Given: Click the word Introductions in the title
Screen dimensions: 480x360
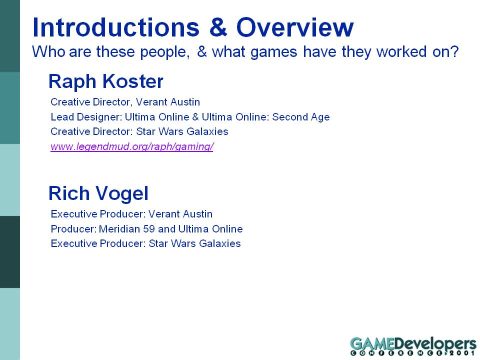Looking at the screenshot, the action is coord(116,27).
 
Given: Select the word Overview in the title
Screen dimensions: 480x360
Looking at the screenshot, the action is coord(295,27).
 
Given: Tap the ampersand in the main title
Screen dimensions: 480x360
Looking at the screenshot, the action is coord(218,27).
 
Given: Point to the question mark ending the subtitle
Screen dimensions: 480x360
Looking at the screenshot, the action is coord(454,51).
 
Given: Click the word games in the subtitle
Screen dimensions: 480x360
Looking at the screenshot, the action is coord(273,52).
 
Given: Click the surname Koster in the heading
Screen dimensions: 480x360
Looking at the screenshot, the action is coord(132,81).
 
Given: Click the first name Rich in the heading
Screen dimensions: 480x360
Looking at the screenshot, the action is coord(69,193).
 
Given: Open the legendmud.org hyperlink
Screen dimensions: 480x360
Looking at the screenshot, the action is coord(132,146).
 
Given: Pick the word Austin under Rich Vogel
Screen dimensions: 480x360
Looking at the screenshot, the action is coord(197,214).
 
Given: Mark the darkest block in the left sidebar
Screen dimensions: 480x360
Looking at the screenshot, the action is coord(10,252).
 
